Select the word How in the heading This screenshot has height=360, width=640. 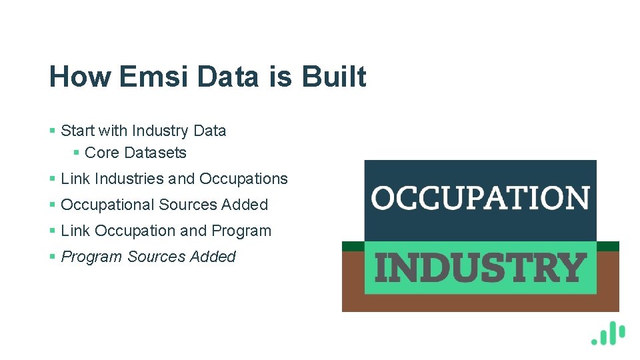(x=80, y=77)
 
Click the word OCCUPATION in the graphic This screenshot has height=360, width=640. (x=480, y=198)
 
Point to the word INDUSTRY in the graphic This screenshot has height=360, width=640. (x=480, y=268)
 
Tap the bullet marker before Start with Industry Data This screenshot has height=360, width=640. (x=53, y=131)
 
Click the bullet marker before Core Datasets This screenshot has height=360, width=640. (x=77, y=153)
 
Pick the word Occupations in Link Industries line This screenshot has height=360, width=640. (x=243, y=179)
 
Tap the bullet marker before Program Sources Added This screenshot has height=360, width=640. (x=53, y=257)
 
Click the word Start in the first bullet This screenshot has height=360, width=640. (x=77, y=131)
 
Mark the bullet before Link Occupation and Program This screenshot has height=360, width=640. (x=53, y=231)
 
